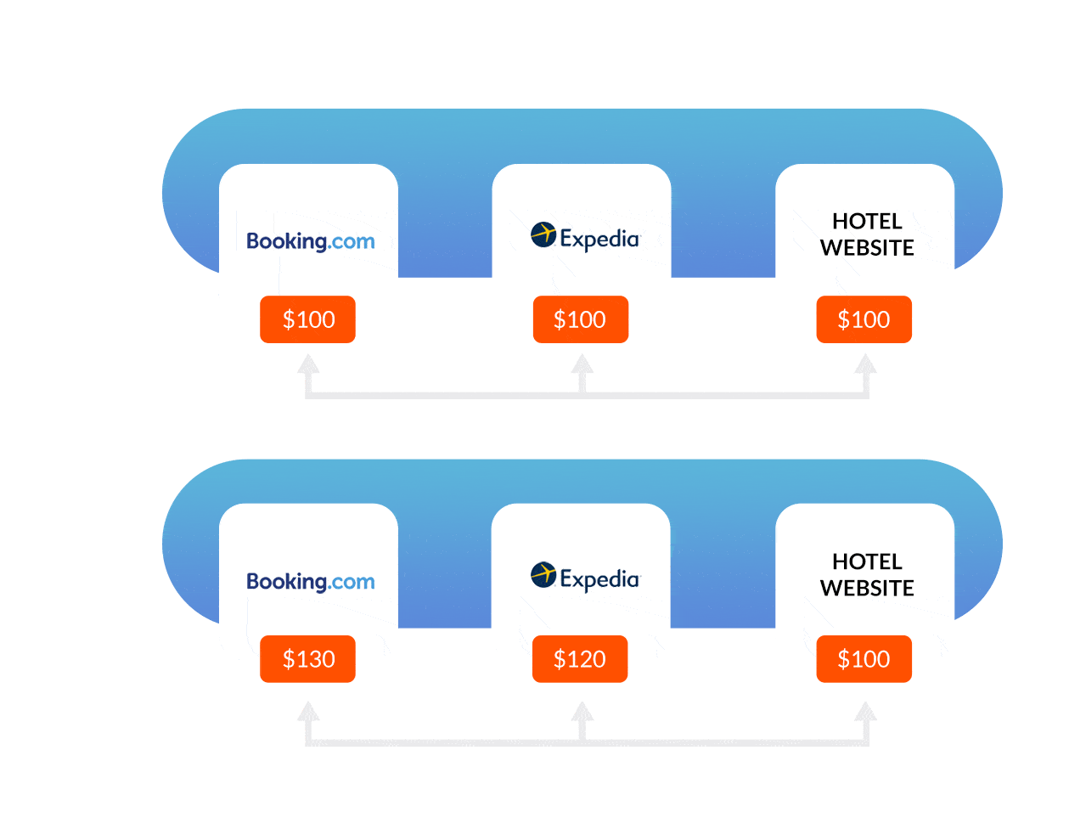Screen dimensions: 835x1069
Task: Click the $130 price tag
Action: point(307,659)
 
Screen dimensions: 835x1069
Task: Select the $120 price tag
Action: point(580,659)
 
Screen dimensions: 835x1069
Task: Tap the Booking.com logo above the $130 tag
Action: point(310,582)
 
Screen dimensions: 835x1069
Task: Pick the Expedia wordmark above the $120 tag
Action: point(599,579)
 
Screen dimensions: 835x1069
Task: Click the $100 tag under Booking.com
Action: point(307,319)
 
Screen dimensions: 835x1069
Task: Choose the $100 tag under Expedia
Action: point(580,319)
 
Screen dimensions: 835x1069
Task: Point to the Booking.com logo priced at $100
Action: point(310,241)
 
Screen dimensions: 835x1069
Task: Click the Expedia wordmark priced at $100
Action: point(599,239)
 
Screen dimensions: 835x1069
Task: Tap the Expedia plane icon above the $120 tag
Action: point(543,574)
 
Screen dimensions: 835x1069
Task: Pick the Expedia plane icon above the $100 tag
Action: point(543,234)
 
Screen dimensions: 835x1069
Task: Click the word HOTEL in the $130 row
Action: point(867,561)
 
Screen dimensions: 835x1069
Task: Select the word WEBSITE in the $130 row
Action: point(867,588)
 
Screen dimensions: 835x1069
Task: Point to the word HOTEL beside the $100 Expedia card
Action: point(867,222)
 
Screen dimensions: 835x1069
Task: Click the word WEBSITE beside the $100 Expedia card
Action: point(867,248)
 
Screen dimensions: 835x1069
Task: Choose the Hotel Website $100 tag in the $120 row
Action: point(864,659)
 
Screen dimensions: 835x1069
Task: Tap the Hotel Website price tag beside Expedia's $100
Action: point(864,319)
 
